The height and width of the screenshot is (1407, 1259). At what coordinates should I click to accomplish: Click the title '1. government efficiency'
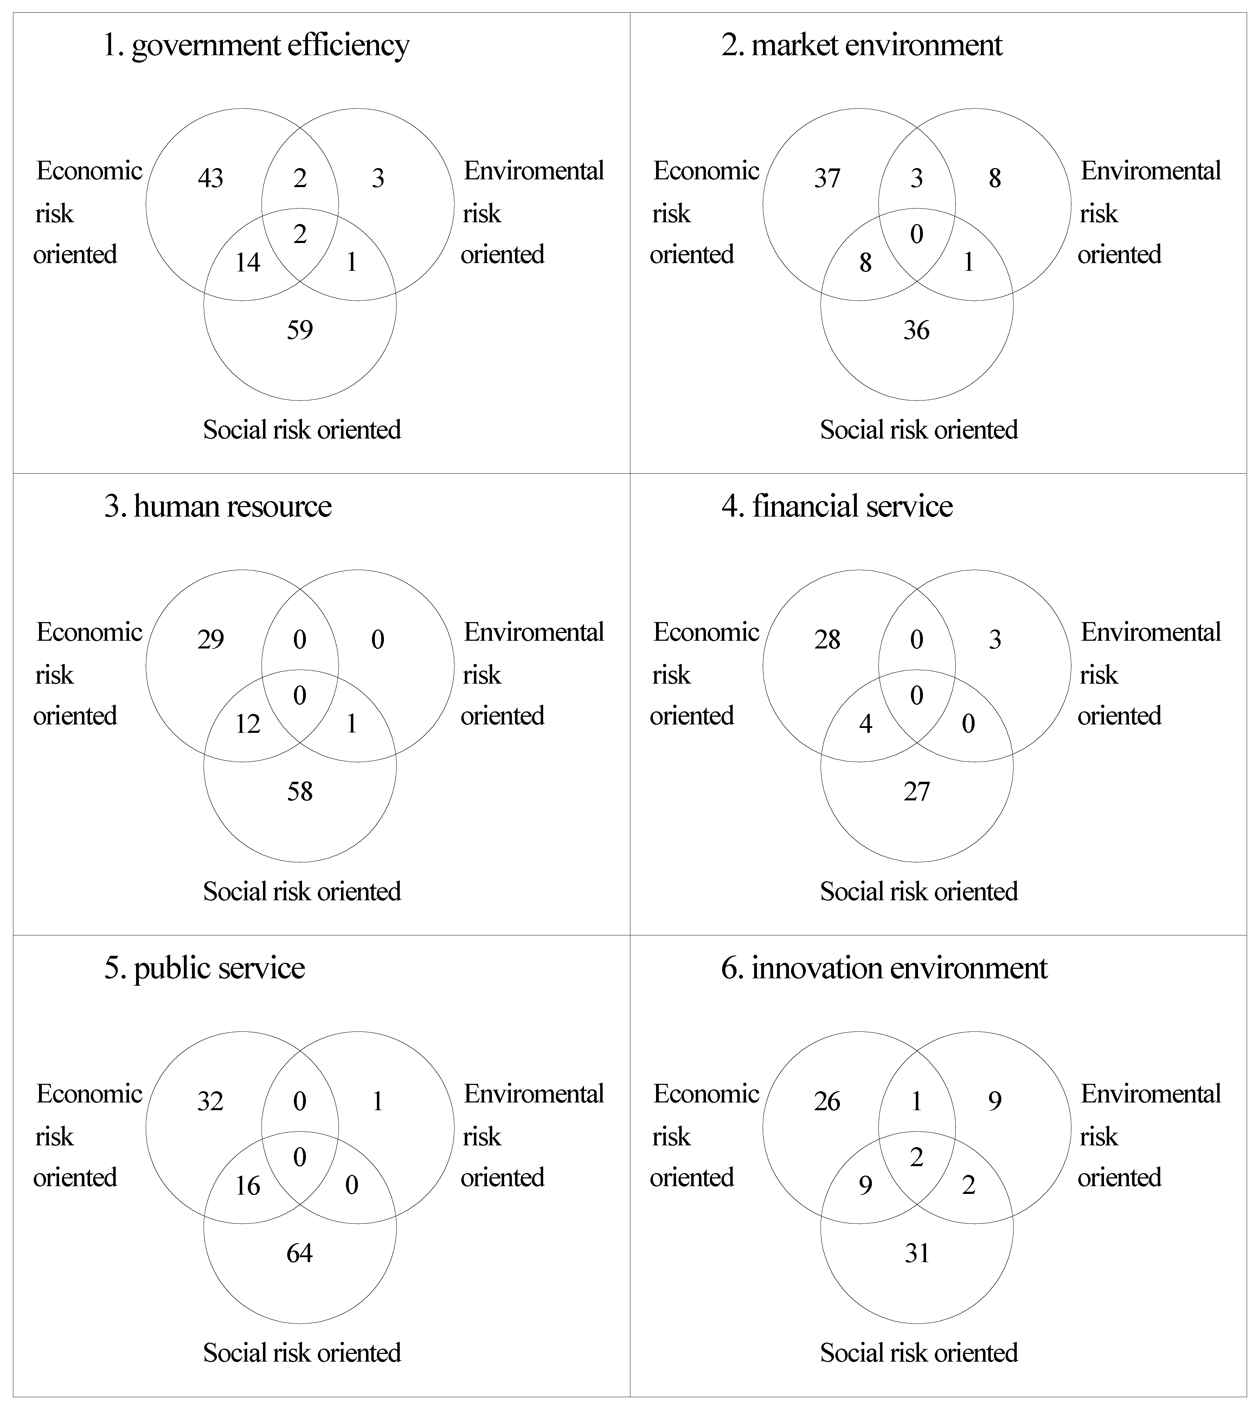click(256, 46)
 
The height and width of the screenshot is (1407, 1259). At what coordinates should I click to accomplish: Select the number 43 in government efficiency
click(210, 179)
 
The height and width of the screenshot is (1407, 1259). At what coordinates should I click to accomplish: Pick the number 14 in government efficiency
click(248, 263)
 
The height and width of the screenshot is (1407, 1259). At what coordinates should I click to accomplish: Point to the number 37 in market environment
click(827, 179)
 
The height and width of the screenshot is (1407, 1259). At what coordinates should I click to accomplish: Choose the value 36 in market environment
click(917, 330)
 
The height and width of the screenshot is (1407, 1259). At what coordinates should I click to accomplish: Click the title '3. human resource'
click(218, 506)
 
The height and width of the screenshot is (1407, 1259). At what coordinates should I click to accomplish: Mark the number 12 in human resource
click(248, 724)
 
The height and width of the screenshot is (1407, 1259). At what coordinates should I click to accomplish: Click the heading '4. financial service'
click(837, 506)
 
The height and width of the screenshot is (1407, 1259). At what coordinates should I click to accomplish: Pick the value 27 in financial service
click(917, 791)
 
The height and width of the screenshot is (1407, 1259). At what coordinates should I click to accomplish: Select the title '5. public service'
click(205, 968)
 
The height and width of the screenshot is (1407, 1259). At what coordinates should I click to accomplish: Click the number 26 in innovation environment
click(827, 1101)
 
